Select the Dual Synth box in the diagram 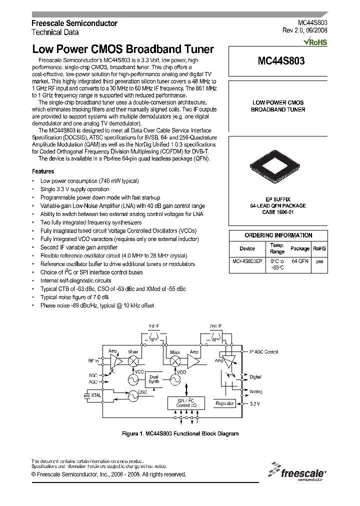[154, 378]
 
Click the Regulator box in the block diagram [224, 402]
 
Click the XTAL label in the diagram [95, 395]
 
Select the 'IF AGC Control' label [263, 352]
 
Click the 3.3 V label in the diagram [254, 403]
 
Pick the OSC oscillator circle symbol [133, 395]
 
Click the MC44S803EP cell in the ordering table [247, 261]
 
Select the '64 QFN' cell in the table [300, 261]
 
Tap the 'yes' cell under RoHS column [319, 261]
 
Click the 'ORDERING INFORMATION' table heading [278, 235]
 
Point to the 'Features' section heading [43, 171]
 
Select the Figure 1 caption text [180, 433]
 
